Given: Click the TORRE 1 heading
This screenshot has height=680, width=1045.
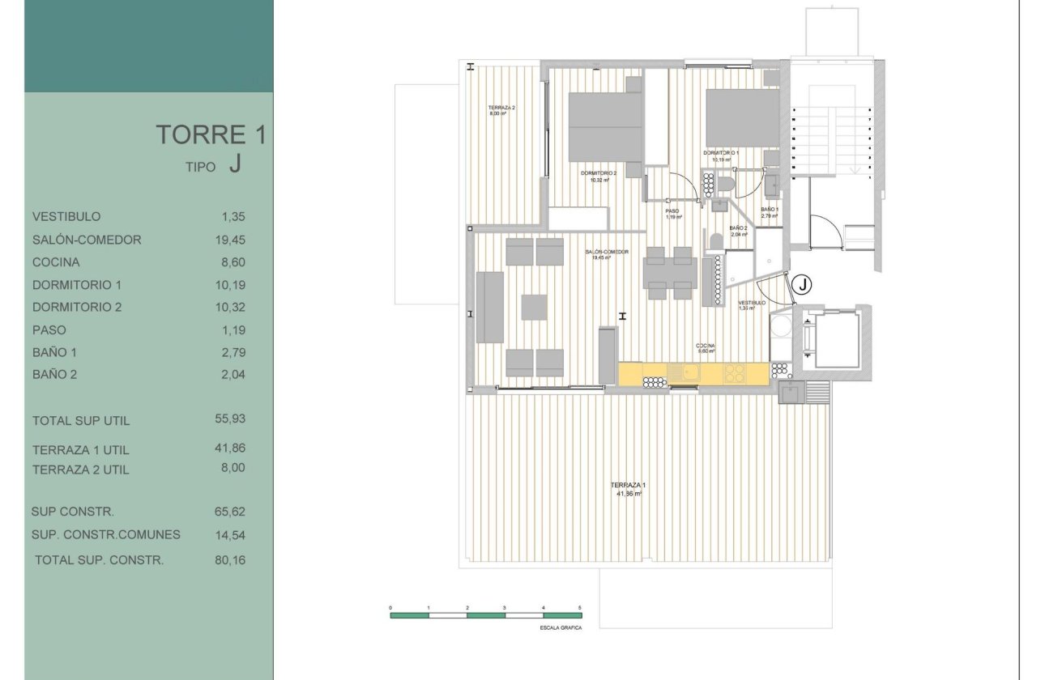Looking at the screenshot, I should [x=211, y=134].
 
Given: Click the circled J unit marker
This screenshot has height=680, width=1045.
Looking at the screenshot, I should [x=801, y=284].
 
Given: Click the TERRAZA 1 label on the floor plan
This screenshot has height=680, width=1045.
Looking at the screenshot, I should [x=628, y=485].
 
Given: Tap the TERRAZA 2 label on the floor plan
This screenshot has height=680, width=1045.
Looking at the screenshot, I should [x=501, y=108].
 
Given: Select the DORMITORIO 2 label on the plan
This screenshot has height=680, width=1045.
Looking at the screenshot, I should [x=599, y=173].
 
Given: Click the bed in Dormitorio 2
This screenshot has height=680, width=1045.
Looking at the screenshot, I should [x=605, y=128].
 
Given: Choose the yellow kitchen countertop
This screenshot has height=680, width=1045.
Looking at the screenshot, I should [x=693, y=373].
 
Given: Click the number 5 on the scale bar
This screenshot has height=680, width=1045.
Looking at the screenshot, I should [x=580, y=606].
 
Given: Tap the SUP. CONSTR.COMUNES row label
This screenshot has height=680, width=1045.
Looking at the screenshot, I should [x=106, y=534].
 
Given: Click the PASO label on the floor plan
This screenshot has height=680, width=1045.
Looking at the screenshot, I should [x=673, y=211].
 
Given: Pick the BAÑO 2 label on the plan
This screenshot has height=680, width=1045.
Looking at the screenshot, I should [x=738, y=228].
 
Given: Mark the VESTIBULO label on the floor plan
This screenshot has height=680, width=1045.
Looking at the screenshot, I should [x=752, y=303].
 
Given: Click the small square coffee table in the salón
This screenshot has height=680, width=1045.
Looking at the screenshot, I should [x=534, y=307].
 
